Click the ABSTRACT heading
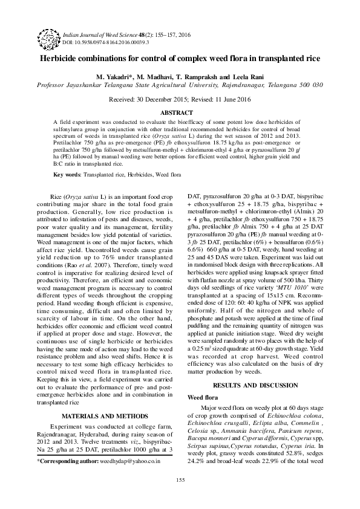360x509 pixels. [x=180, y=113]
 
